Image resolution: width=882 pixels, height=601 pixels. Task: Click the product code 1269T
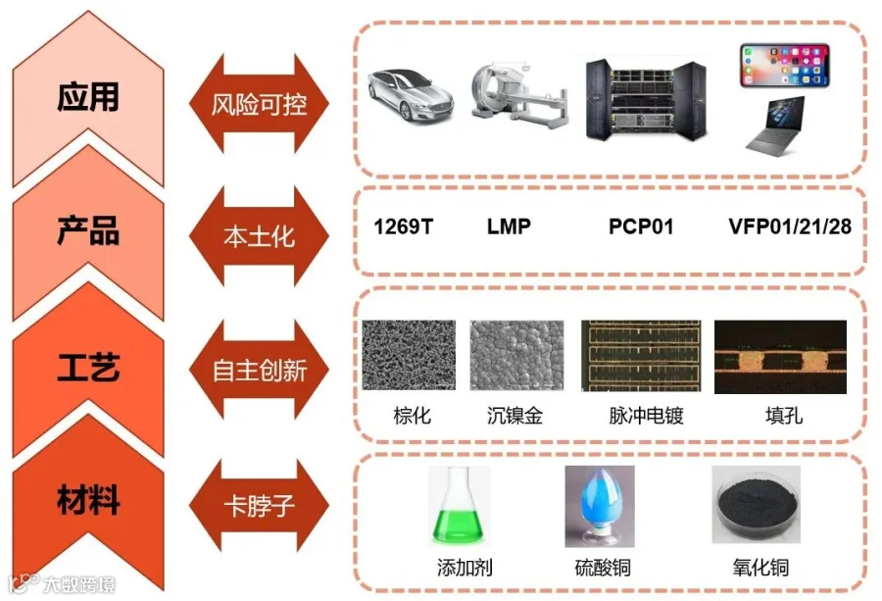[x=403, y=227]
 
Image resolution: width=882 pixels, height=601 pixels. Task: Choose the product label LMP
[x=509, y=227]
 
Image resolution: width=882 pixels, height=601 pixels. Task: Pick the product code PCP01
[x=641, y=227]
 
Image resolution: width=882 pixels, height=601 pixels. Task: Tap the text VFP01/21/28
[x=790, y=227]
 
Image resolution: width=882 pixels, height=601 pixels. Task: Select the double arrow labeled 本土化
[x=259, y=236]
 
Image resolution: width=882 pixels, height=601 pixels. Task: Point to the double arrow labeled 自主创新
[x=259, y=370]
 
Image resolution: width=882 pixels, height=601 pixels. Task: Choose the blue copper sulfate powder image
[x=599, y=504]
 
